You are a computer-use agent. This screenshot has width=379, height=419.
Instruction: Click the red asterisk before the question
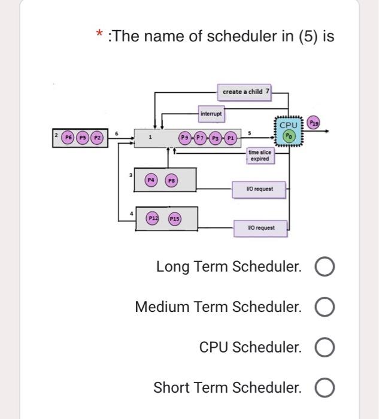coord(101,36)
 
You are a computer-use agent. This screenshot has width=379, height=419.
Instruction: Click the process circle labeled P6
coord(68,136)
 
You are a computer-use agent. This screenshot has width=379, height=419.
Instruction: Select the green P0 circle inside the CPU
coord(289,136)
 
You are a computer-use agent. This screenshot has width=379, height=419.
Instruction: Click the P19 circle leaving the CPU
coord(314,123)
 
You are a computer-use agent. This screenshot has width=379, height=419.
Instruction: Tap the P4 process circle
coord(151,180)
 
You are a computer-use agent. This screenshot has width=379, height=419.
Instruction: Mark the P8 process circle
coord(171,180)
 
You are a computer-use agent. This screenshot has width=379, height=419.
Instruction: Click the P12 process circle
coord(153,219)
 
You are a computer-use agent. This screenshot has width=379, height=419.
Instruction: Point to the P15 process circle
coord(174,219)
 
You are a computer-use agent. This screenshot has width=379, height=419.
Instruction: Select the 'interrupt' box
coord(211,113)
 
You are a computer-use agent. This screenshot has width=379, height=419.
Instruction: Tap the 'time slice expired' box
coord(260,156)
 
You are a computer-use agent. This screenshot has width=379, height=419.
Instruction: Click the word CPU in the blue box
coord(289,125)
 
